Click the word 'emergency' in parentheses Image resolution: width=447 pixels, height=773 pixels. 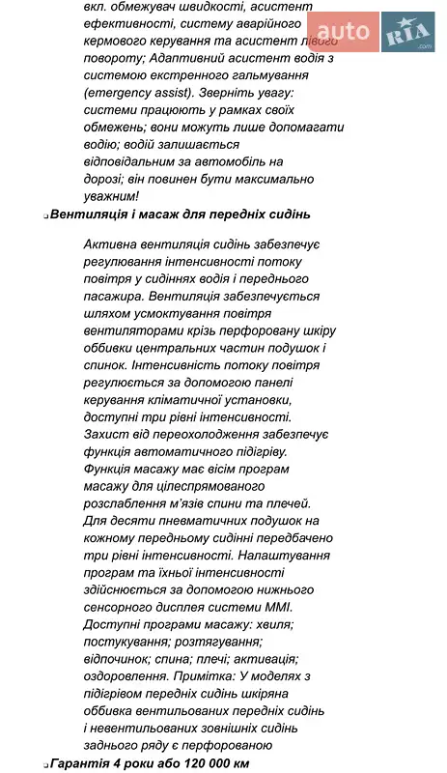(x=122, y=93)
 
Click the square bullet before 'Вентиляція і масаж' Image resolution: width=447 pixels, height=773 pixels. (x=45, y=217)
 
